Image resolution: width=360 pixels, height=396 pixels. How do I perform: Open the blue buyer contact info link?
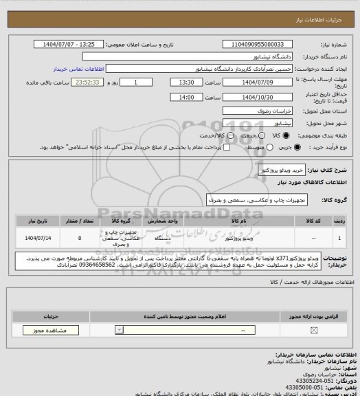point(77,69)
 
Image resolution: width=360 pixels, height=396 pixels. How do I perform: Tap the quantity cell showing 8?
point(80,237)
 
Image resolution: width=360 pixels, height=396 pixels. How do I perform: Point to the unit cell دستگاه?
point(159,237)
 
